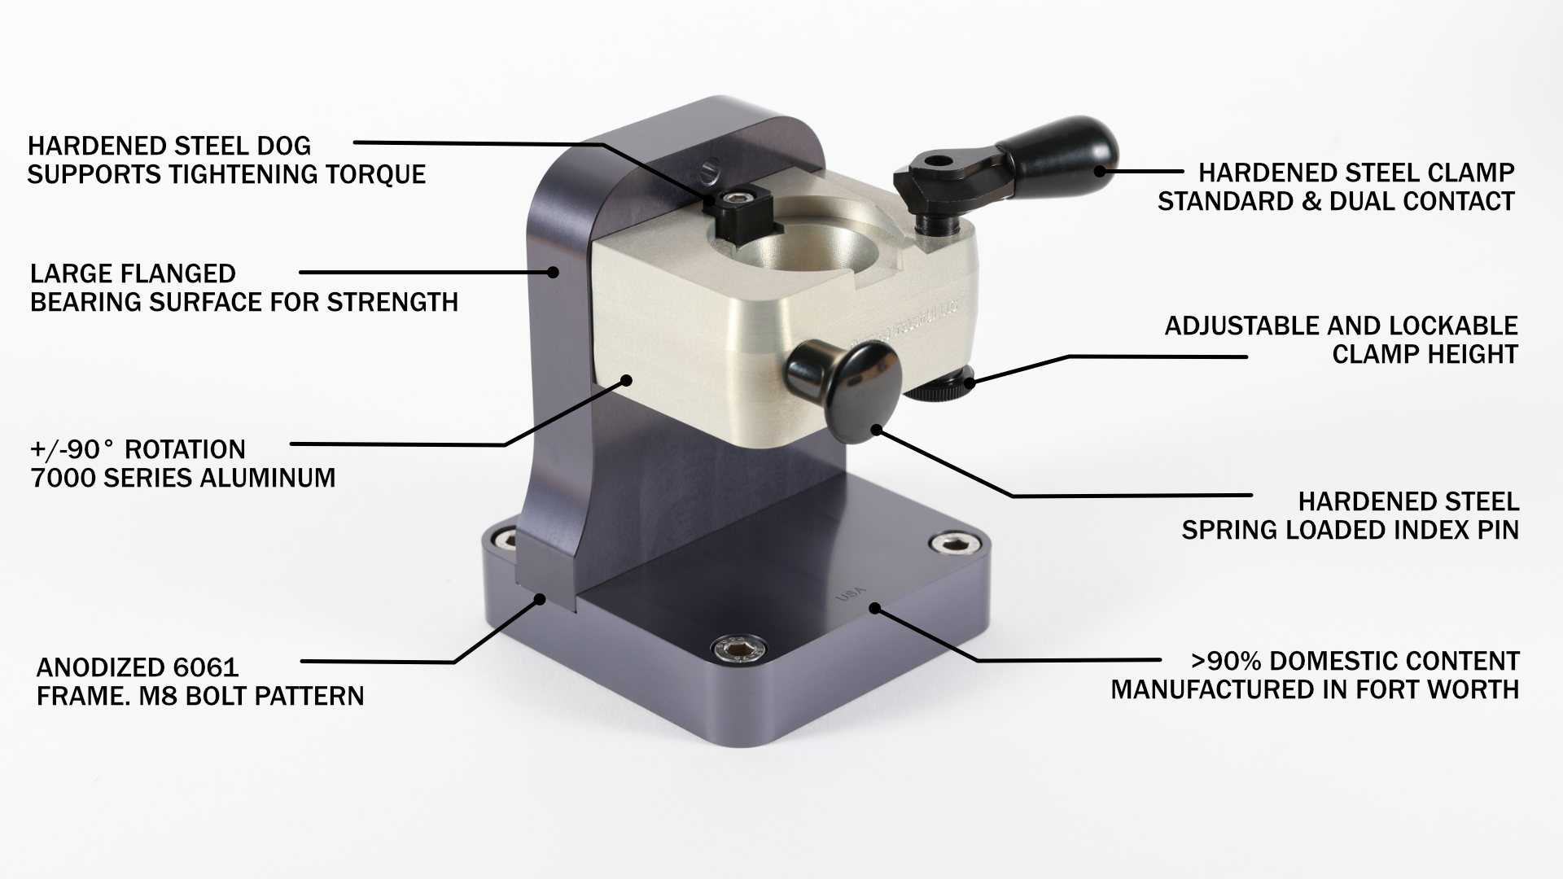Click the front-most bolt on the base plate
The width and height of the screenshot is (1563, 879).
click(738, 648)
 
